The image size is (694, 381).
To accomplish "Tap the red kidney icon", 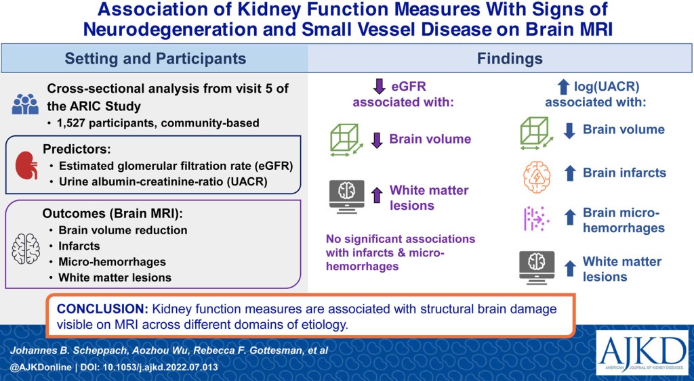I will click(x=25, y=164).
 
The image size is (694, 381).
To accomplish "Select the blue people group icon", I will click(x=25, y=104).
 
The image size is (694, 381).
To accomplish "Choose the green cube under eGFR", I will click(x=346, y=139).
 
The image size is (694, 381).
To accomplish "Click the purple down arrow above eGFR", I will click(x=379, y=86).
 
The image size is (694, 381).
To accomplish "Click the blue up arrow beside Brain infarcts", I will click(x=570, y=173).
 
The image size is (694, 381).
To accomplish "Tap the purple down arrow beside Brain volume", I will click(x=377, y=139).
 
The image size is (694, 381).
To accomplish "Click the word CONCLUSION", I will click(x=101, y=309).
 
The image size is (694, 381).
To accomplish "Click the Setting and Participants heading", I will click(x=155, y=59).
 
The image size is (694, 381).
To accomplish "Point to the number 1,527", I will click(x=75, y=122).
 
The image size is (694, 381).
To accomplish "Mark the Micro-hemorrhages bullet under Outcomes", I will click(x=111, y=261).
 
